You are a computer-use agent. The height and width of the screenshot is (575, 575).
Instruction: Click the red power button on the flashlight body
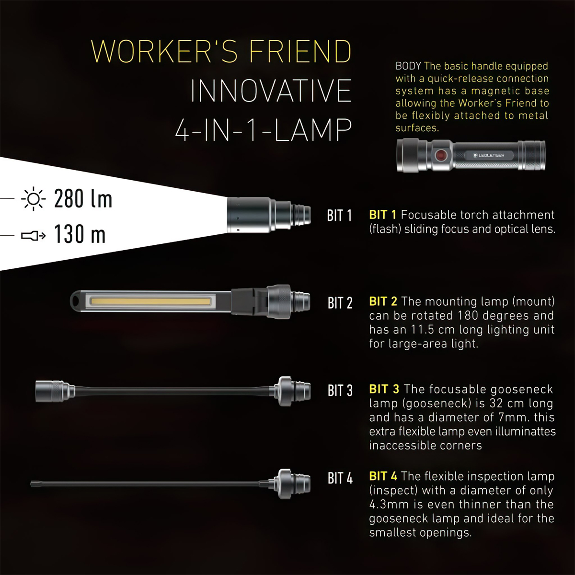440,155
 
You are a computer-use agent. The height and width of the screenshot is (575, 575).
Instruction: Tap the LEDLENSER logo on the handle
489,155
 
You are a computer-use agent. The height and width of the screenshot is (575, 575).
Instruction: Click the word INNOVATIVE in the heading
271,91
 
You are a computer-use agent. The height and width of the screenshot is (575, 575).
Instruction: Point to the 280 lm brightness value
83,199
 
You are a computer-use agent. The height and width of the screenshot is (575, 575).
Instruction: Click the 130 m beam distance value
80,235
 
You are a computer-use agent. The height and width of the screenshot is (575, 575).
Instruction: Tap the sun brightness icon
34,199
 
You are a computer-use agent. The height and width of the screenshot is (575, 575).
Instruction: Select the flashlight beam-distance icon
34,235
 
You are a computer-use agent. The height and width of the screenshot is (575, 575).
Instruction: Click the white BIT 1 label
339,216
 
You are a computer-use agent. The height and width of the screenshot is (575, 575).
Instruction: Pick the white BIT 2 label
340,303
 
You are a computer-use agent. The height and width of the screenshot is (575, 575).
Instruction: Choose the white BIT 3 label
340,391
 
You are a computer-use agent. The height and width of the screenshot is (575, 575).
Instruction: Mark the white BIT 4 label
340,478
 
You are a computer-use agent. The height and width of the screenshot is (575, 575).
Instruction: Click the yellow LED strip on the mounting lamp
150,301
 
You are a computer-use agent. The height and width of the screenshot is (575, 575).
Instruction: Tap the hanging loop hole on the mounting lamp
76,301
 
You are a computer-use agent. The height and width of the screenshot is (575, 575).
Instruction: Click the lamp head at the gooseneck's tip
53,391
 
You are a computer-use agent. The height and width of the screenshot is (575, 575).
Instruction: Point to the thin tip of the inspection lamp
34,484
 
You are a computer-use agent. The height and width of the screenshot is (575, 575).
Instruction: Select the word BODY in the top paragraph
408,66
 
